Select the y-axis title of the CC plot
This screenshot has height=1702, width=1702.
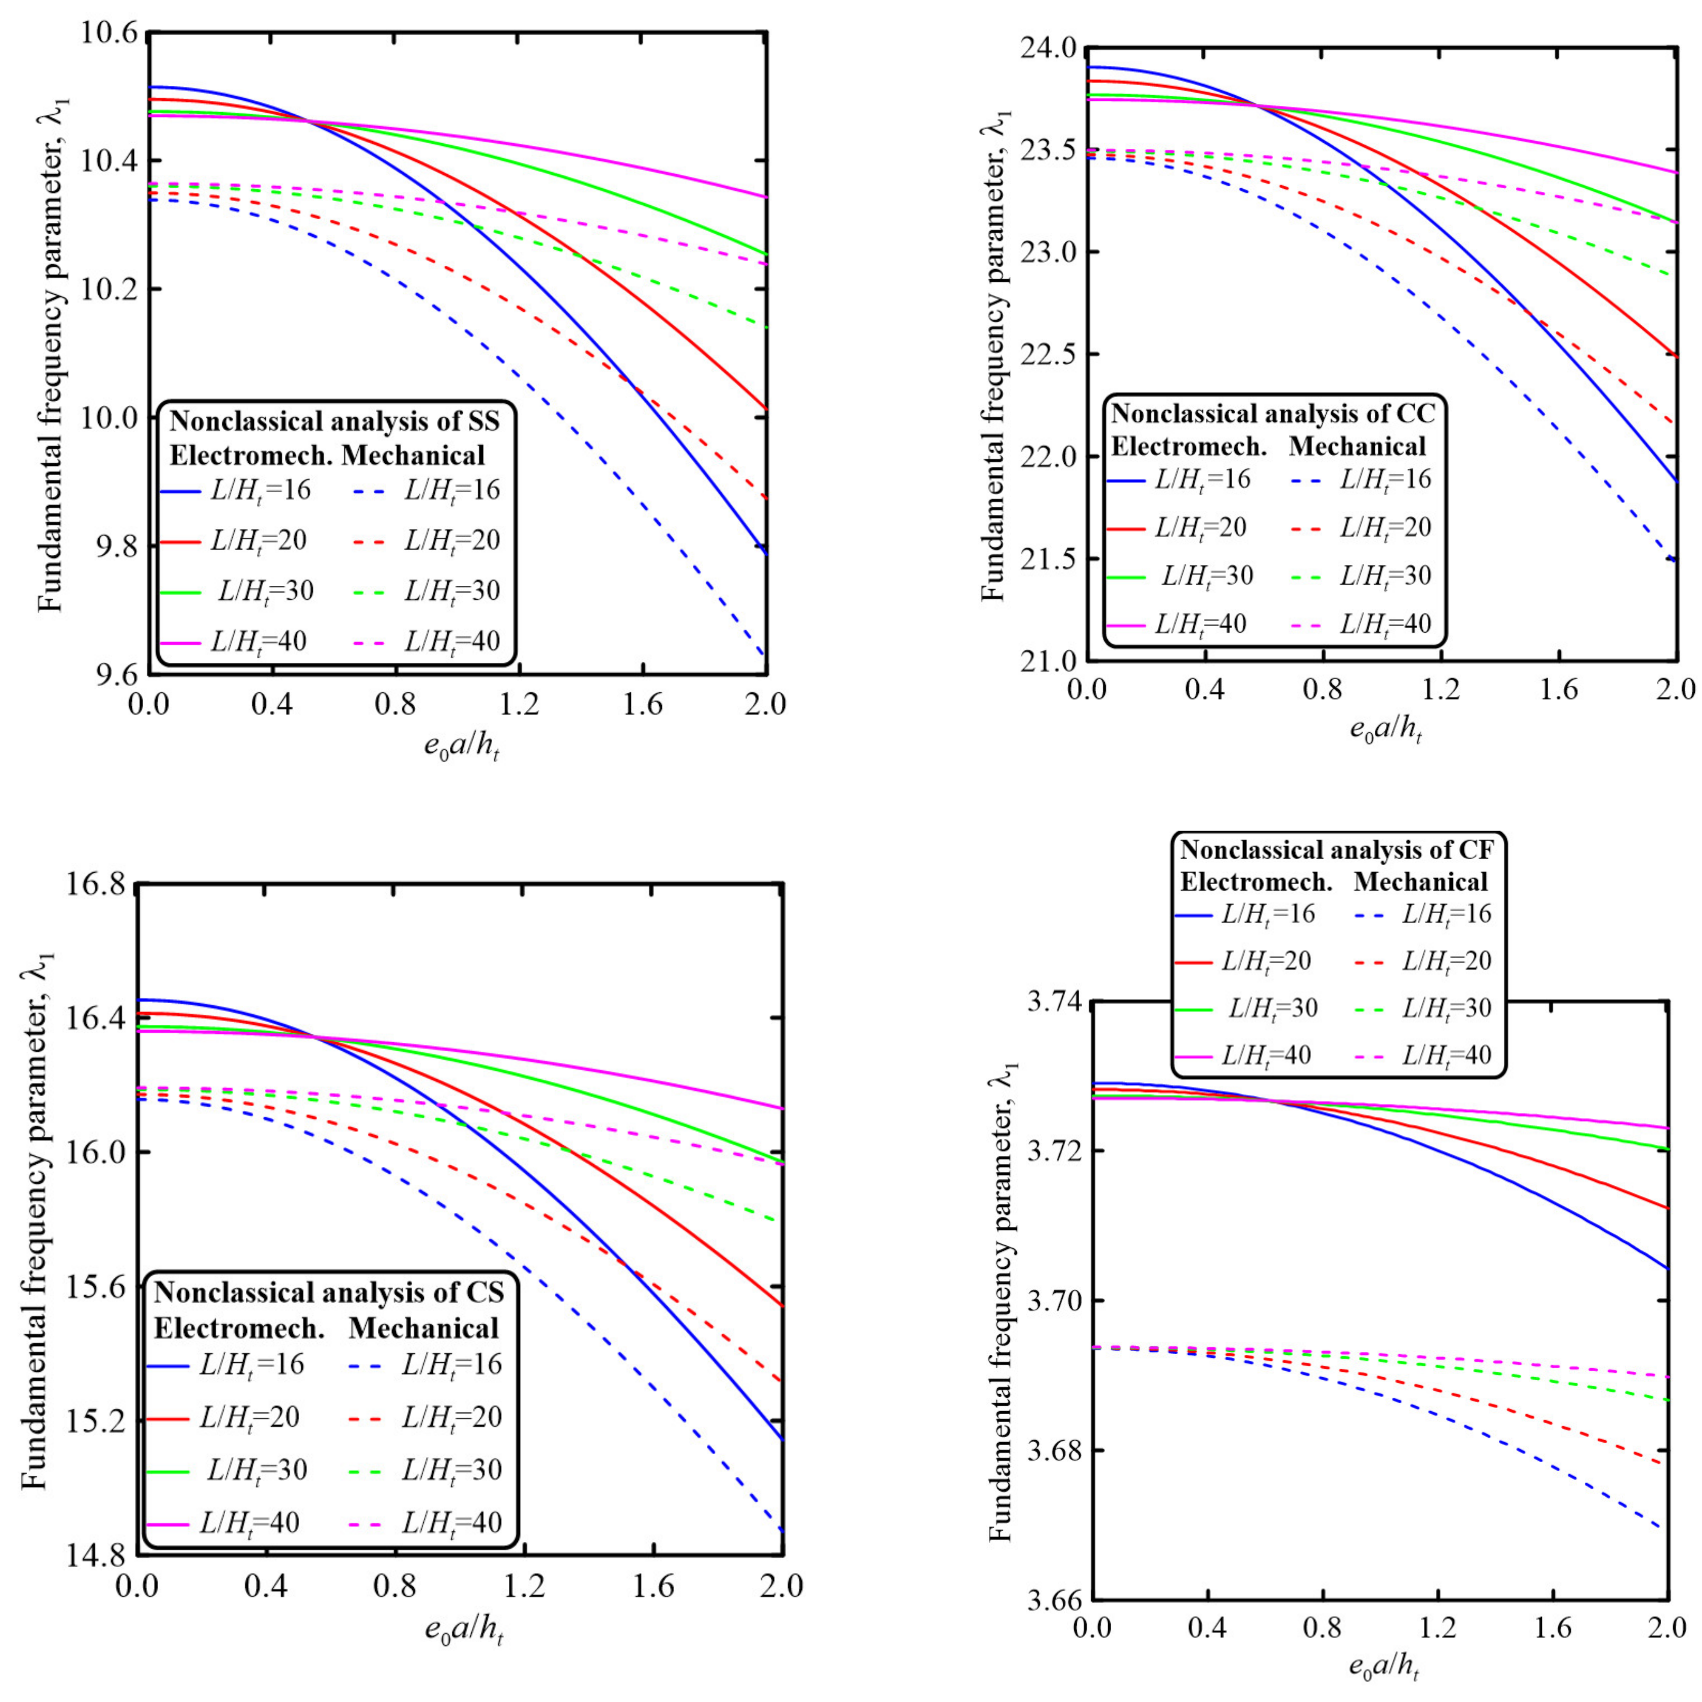click(994, 352)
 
